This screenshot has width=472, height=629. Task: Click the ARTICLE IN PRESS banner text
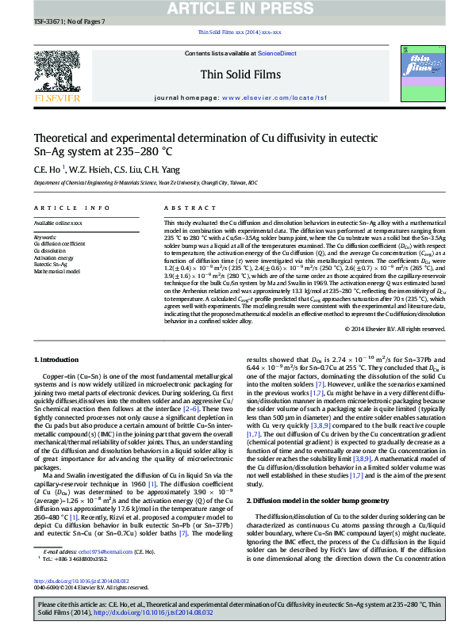coord(236,9)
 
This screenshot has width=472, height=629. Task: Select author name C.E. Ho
coord(46,170)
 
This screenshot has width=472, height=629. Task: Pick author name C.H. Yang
coord(149,170)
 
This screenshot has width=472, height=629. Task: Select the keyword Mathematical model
coord(57,270)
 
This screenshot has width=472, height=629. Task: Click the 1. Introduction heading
coord(56,359)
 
